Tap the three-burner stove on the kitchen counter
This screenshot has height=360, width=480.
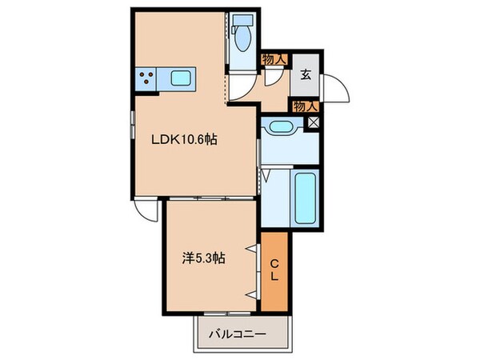point(148,78)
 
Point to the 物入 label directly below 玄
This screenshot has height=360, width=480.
point(306,105)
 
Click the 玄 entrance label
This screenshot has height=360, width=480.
point(306,76)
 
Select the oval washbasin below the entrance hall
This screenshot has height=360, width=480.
point(281,126)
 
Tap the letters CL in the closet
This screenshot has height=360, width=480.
point(274,273)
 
